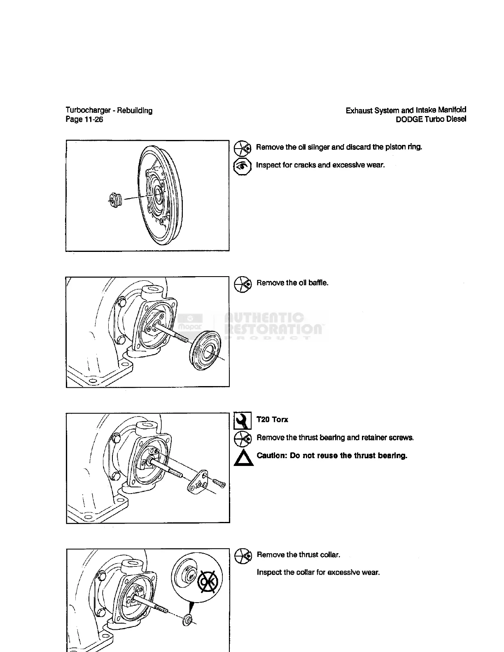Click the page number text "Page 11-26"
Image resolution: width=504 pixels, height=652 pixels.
click(84, 120)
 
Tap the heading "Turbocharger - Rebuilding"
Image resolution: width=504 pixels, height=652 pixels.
click(109, 110)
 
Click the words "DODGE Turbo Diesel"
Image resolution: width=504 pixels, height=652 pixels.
click(431, 120)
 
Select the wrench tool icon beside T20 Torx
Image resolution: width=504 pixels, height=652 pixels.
click(242, 420)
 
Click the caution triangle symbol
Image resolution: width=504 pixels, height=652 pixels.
click(242, 458)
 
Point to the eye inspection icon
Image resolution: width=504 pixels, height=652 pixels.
click(242, 166)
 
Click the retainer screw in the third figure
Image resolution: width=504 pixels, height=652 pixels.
click(219, 482)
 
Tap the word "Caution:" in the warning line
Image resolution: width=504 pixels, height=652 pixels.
click(272, 456)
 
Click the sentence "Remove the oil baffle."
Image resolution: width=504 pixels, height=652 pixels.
click(292, 283)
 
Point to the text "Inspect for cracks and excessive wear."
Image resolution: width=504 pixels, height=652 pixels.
click(320, 165)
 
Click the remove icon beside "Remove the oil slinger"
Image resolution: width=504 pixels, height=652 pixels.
click(242, 147)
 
